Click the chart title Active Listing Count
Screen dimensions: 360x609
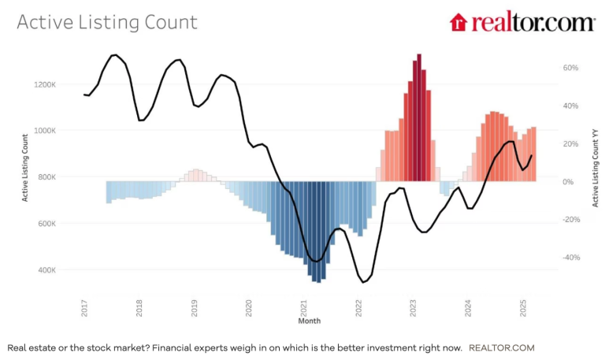107,21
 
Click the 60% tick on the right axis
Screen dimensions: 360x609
571,68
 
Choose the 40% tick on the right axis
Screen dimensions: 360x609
571,106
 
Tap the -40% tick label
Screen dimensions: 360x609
570,258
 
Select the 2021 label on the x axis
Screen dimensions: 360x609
304,308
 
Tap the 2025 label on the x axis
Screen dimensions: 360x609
523,308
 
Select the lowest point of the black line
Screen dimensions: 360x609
363,281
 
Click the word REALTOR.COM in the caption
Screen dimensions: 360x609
501,347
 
